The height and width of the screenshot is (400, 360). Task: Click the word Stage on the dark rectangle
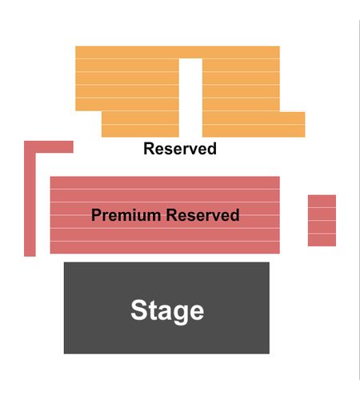(x=167, y=311)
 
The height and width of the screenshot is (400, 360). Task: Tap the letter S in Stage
(x=138, y=310)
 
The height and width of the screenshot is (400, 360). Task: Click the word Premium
(x=126, y=215)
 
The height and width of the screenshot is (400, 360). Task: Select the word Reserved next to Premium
(x=202, y=215)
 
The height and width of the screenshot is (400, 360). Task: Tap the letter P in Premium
(x=96, y=215)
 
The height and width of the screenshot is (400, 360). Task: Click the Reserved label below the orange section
(x=180, y=149)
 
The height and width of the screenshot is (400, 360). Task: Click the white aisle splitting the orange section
(x=190, y=98)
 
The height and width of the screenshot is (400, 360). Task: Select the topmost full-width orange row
(x=178, y=52)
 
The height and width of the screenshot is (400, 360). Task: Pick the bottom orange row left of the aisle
(x=140, y=131)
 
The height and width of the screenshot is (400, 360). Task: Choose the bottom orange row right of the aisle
(x=254, y=131)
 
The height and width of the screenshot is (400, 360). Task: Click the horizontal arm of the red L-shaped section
(x=49, y=147)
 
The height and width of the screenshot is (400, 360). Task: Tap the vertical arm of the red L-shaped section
(x=30, y=205)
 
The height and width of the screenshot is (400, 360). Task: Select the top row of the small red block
(x=322, y=201)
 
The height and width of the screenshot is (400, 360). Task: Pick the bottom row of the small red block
(x=322, y=240)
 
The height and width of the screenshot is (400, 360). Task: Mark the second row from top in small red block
(x=322, y=214)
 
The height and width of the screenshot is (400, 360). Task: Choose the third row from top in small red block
(x=322, y=227)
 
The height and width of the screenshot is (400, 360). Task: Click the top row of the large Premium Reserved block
(x=165, y=182)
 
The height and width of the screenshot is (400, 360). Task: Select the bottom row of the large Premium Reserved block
(x=165, y=248)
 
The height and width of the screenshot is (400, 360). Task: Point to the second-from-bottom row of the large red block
(x=165, y=235)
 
